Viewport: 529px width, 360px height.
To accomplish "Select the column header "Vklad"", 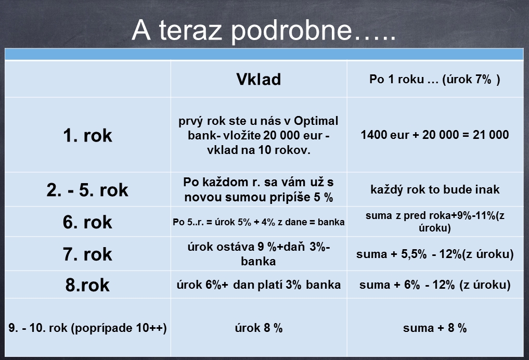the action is click(259, 79).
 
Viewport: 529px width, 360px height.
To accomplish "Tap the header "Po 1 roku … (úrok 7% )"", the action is click(435, 79).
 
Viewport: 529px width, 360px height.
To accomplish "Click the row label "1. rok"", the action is click(87, 135).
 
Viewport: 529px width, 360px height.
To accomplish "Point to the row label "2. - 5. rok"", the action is click(87, 189).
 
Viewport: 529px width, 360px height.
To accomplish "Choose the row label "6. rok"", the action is click(87, 222).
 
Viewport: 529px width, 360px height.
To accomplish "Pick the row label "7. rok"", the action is click(87, 254).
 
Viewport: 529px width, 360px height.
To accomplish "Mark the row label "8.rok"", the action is click(87, 285).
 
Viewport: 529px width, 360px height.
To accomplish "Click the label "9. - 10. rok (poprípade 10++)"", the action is click(87, 328).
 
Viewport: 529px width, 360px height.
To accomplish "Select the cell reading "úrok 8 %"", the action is click(259, 328).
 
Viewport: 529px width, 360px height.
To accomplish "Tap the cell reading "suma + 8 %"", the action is click(435, 328).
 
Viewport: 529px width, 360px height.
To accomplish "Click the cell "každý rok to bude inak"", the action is click(435, 189).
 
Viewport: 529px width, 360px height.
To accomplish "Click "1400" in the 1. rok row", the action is click(373, 135).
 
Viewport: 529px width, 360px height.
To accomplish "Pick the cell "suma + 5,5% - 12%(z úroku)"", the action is click(435, 254).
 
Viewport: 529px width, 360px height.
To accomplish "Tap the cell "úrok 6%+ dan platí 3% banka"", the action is click(259, 285).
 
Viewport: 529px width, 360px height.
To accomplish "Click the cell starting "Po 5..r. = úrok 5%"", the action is click(259, 222).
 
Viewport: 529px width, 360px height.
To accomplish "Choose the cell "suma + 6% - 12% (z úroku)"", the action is click(435, 285).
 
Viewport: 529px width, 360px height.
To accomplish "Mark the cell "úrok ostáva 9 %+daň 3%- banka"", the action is click(259, 254).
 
